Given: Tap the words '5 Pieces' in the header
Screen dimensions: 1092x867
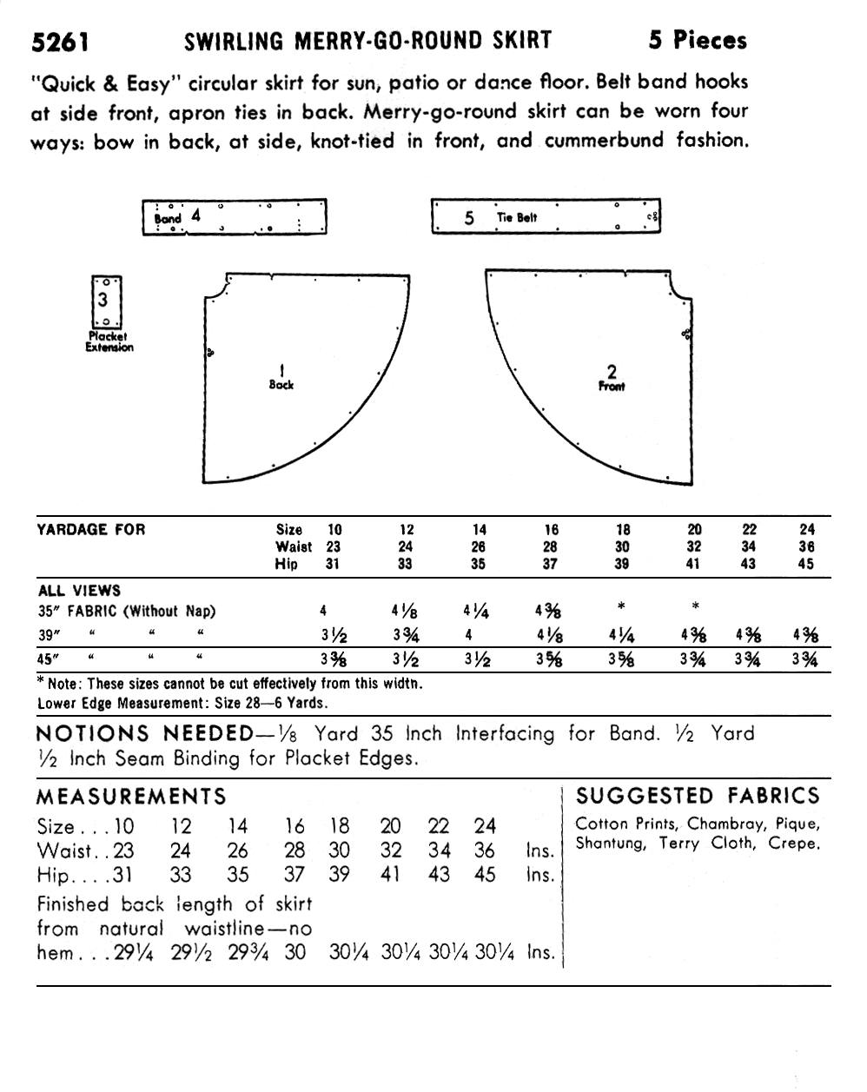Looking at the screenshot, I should click(x=697, y=40).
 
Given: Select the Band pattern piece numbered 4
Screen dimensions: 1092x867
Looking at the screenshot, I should click(x=235, y=217).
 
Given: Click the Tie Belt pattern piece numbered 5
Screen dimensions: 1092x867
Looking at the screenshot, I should click(x=546, y=217).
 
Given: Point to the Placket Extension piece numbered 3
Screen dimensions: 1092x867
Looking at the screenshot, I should click(x=106, y=301).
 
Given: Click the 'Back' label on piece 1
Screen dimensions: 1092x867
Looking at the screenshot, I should click(x=281, y=384).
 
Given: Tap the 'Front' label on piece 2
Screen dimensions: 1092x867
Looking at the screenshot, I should click(x=612, y=386).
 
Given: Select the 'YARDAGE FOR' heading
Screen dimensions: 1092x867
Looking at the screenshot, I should click(x=91, y=529).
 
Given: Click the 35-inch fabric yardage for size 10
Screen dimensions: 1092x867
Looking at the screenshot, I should click(x=323, y=611).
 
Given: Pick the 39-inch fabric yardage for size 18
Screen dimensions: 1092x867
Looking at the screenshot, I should click(x=622, y=635).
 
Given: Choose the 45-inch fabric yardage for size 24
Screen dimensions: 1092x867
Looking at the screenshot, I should click(x=804, y=659).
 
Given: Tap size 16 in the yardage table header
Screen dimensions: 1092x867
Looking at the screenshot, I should click(x=552, y=529).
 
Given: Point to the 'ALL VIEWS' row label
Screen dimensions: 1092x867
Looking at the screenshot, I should click(x=79, y=591).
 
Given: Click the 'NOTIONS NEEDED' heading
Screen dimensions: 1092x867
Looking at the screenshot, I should click(x=148, y=734).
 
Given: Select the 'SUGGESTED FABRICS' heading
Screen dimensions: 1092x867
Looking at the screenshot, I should click(x=698, y=796).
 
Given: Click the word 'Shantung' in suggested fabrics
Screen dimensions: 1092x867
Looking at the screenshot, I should click(x=611, y=844).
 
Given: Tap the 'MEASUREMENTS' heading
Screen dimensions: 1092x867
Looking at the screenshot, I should click(x=131, y=797).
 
